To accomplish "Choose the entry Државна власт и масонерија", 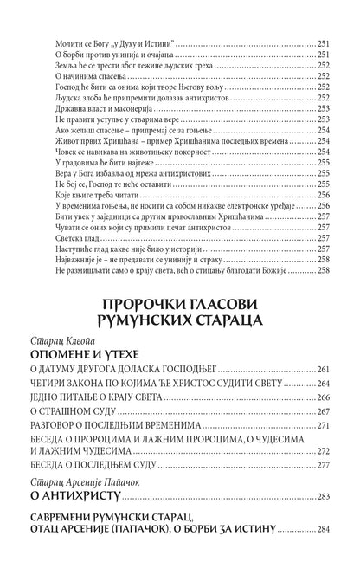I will (x=90, y=108).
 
